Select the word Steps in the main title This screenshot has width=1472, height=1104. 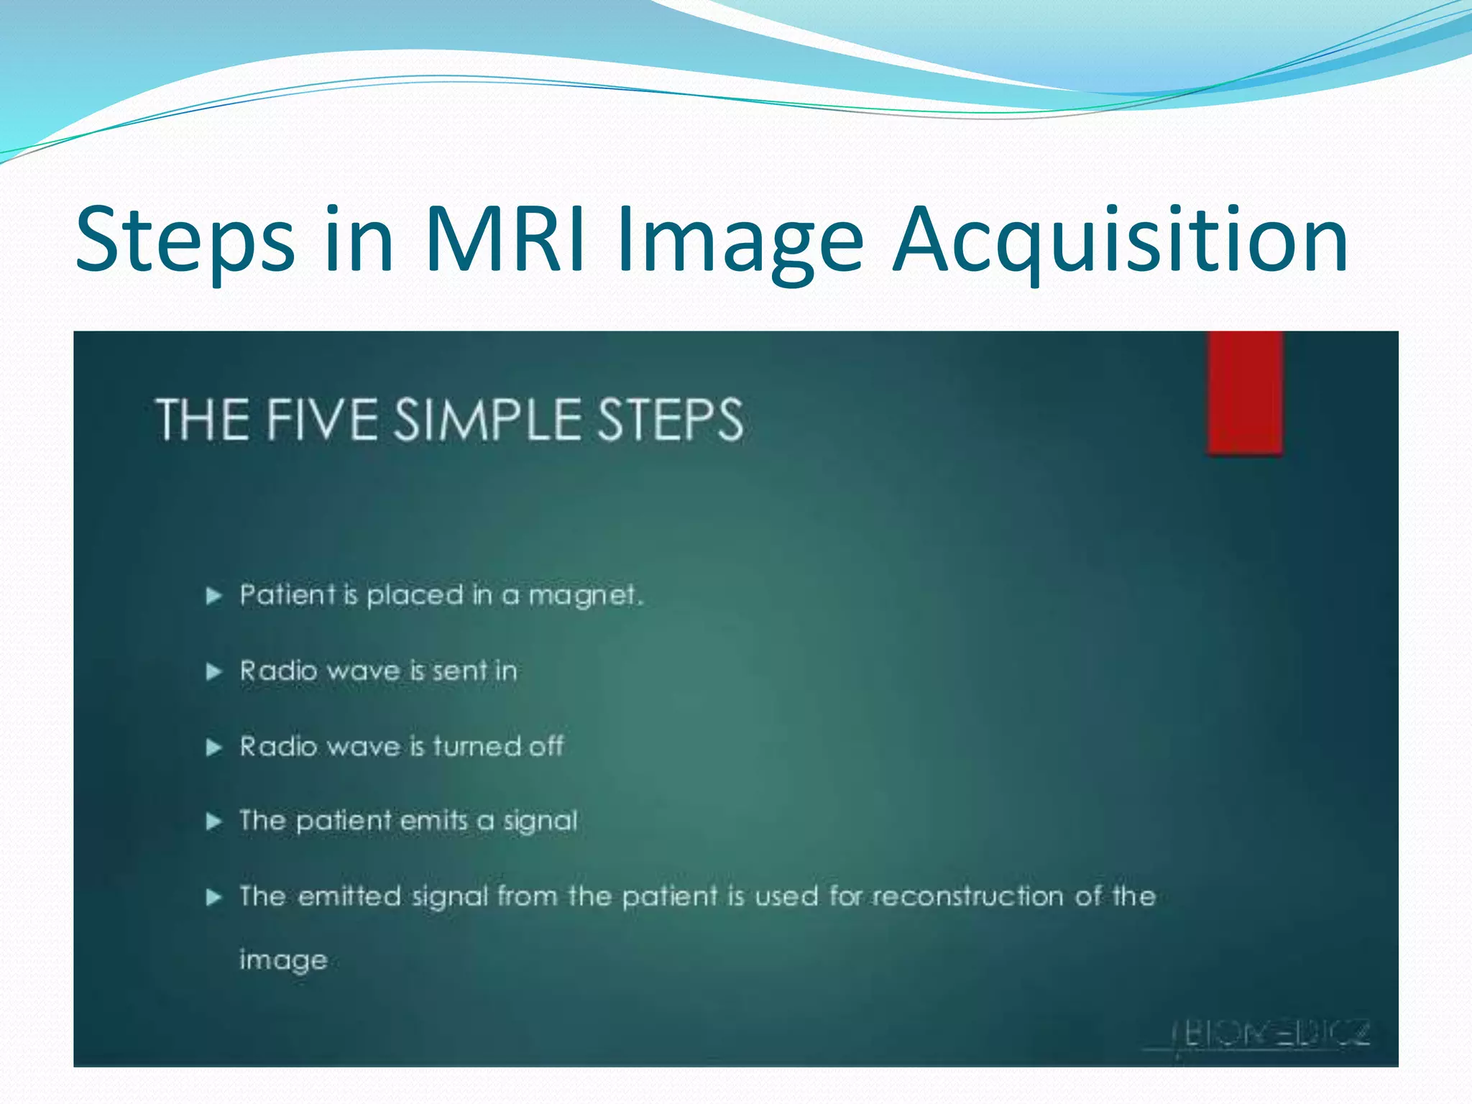184,241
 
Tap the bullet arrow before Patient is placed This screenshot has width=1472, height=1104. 213,596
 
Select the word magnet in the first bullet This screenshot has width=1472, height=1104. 584,596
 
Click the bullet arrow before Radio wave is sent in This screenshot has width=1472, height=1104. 213,672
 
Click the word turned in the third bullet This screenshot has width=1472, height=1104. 477,746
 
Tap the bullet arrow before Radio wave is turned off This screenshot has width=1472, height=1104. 213,747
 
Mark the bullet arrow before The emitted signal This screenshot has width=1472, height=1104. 213,897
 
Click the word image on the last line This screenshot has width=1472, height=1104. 283,960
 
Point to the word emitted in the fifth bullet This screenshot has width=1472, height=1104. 349,896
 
